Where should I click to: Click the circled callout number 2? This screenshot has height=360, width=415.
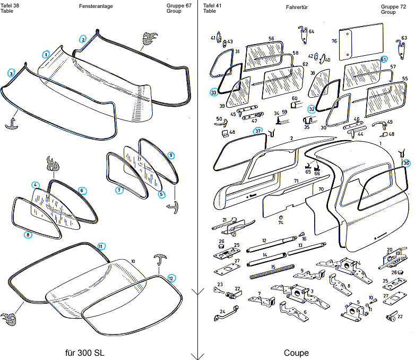(x=83, y=39)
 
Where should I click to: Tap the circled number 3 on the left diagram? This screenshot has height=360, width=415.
(x=11, y=74)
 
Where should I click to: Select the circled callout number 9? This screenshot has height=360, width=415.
(x=171, y=155)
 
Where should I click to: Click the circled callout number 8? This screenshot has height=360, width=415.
(x=28, y=235)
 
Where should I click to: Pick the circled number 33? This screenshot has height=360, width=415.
(x=214, y=92)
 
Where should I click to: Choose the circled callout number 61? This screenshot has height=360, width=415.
(x=384, y=59)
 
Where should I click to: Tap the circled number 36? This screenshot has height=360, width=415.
(x=406, y=163)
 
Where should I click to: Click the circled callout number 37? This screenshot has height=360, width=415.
(x=258, y=131)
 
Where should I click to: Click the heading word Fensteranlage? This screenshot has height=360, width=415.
(x=96, y=6)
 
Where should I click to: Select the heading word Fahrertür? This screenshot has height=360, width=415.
(x=297, y=7)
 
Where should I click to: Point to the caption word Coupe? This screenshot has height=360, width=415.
(x=296, y=353)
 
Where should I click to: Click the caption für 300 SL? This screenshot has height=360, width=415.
(x=85, y=353)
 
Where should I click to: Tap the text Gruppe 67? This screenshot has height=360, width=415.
(x=179, y=5)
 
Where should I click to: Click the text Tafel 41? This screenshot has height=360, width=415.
(x=212, y=5)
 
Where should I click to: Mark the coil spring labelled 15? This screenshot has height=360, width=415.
(x=272, y=271)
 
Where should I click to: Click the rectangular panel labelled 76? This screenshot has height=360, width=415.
(x=361, y=41)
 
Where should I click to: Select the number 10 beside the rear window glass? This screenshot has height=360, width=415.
(x=133, y=261)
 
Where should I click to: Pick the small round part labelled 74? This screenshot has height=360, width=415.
(x=281, y=218)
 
